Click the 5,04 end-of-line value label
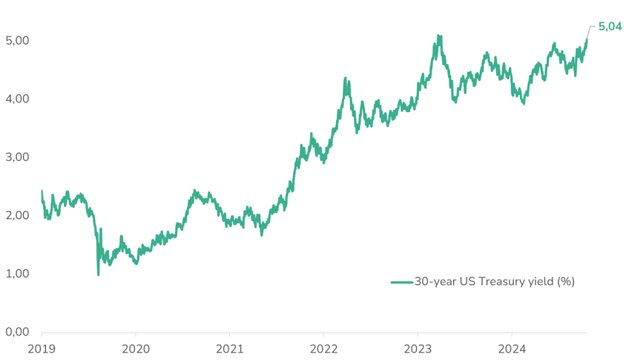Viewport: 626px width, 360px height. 610,27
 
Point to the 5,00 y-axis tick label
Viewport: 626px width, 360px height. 16,40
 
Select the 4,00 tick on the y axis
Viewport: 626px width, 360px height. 16,99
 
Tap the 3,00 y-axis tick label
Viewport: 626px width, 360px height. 16,157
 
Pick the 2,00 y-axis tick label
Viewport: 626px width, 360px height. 16,215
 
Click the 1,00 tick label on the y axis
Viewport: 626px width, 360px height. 16,274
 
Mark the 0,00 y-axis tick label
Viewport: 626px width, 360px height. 16,333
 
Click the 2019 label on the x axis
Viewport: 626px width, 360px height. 42,348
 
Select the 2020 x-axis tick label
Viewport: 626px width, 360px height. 136,348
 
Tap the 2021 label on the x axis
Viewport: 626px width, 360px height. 230,348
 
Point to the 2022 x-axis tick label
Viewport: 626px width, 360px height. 324,348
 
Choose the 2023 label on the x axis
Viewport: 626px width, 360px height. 418,348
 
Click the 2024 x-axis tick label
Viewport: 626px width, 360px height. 513,348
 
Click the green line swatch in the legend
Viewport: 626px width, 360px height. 401,282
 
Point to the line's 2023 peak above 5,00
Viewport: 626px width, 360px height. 439,36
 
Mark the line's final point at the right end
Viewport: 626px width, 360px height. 587,39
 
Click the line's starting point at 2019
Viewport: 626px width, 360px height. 42,192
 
